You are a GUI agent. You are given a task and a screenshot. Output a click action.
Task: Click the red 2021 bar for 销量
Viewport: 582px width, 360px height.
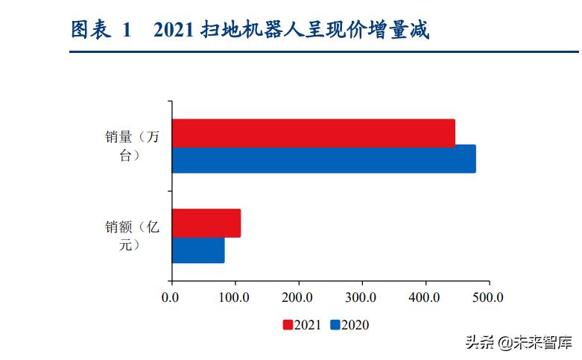(x=313, y=133)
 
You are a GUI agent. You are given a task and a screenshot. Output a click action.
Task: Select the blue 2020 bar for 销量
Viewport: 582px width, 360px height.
(x=323, y=160)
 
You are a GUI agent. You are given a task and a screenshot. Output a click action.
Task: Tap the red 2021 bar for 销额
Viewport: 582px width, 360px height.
(x=206, y=223)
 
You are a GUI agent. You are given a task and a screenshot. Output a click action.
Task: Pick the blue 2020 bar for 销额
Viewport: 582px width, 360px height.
(x=198, y=250)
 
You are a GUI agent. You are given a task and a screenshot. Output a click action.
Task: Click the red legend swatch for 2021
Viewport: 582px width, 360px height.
(x=288, y=325)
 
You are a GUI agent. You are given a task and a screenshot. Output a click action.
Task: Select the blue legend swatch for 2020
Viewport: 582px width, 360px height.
(x=335, y=325)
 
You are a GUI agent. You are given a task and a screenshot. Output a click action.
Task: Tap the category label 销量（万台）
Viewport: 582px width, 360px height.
(x=133, y=146)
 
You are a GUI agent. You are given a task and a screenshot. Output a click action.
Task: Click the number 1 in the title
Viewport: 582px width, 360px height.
(x=127, y=30)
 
